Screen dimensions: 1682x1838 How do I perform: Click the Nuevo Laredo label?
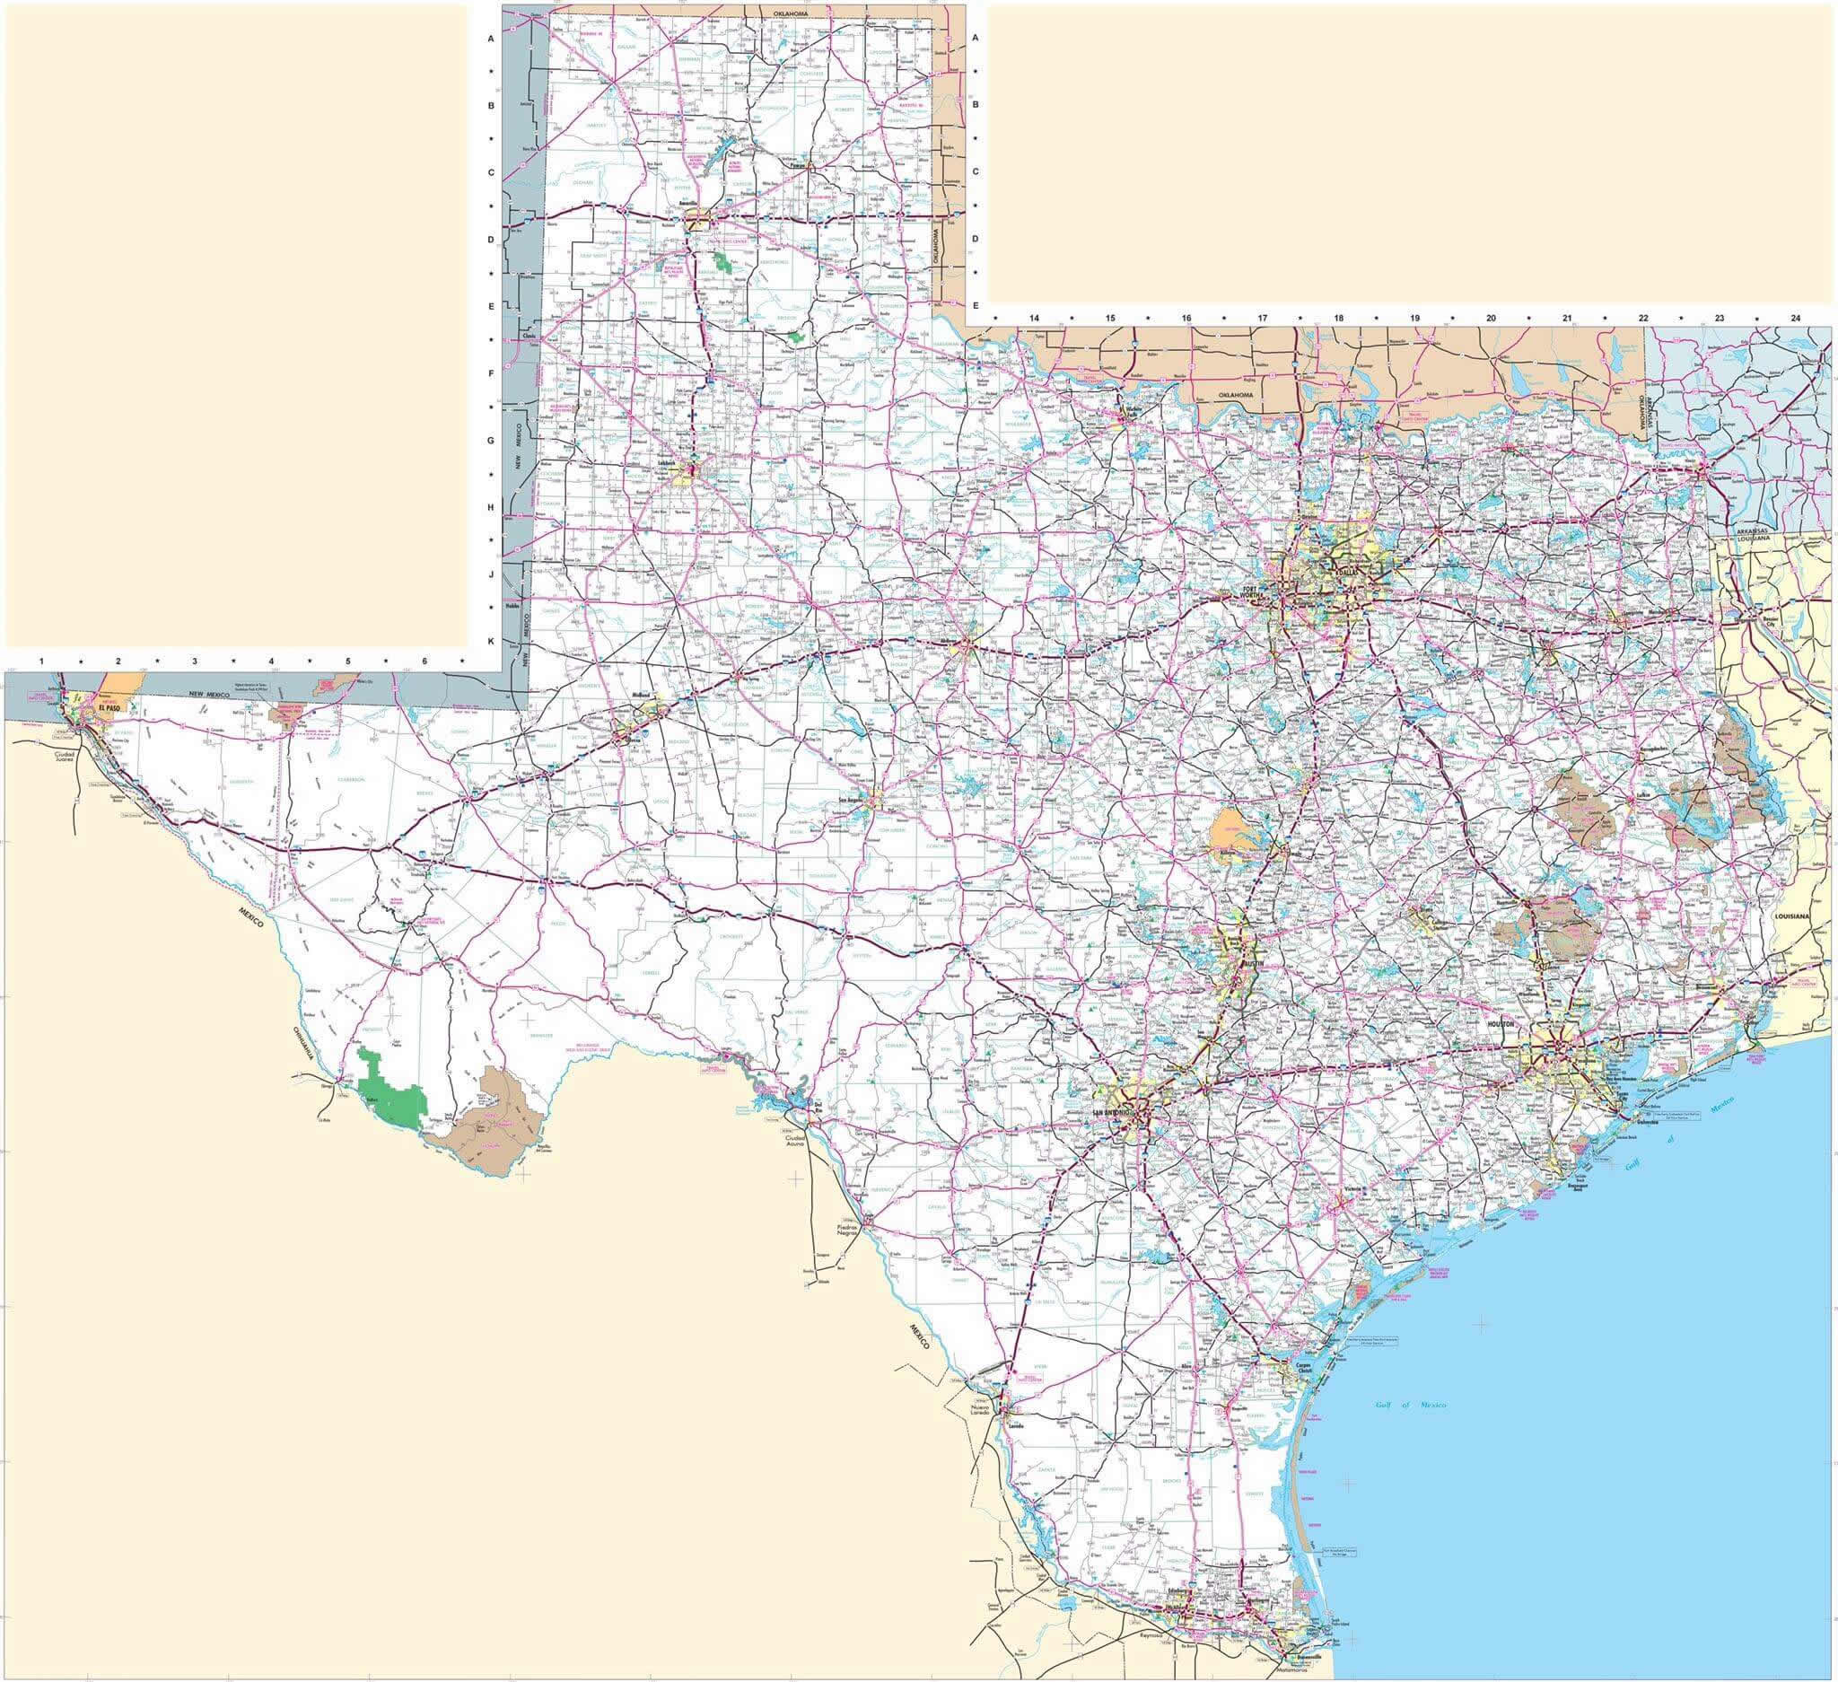tap(978, 1411)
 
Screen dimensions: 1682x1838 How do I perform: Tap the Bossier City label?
tap(1770, 622)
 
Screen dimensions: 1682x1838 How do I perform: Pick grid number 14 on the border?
tap(1034, 317)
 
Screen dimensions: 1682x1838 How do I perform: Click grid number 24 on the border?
tap(1795, 317)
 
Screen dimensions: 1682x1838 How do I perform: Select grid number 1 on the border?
tap(41, 659)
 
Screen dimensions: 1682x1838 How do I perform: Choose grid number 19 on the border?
tap(1414, 317)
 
